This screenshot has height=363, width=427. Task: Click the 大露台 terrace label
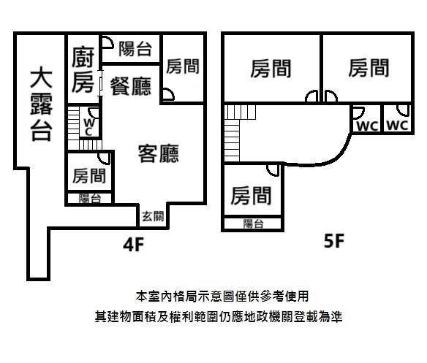[x=41, y=105]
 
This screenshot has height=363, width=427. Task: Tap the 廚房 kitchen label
[x=83, y=69]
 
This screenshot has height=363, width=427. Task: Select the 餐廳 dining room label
[x=130, y=86]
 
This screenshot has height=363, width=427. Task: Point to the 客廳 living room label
[x=159, y=153]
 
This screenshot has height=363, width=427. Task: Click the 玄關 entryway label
[x=153, y=216]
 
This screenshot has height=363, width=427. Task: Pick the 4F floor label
[x=133, y=245]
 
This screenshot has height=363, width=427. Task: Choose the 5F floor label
[x=334, y=240]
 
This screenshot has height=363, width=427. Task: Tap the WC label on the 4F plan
[x=89, y=127]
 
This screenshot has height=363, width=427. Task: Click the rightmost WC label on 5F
[x=397, y=126]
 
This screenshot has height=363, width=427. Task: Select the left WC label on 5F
[x=367, y=126]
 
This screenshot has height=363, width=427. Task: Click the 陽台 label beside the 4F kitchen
[x=135, y=49]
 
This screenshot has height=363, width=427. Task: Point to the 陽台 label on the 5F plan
[x=253, y=223]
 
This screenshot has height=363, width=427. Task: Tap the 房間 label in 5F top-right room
[x=369, y=68]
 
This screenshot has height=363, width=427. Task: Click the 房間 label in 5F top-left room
[x=271, y=69]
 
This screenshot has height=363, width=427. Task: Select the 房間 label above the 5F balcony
[x=251, y=196]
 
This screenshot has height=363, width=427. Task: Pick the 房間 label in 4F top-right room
[x=183, y=66]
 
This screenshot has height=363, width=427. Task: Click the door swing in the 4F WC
[x=94, y=112]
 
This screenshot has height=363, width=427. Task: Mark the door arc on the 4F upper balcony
[x=108, y=42]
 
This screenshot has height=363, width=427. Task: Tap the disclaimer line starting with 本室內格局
[x=222, y=297]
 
